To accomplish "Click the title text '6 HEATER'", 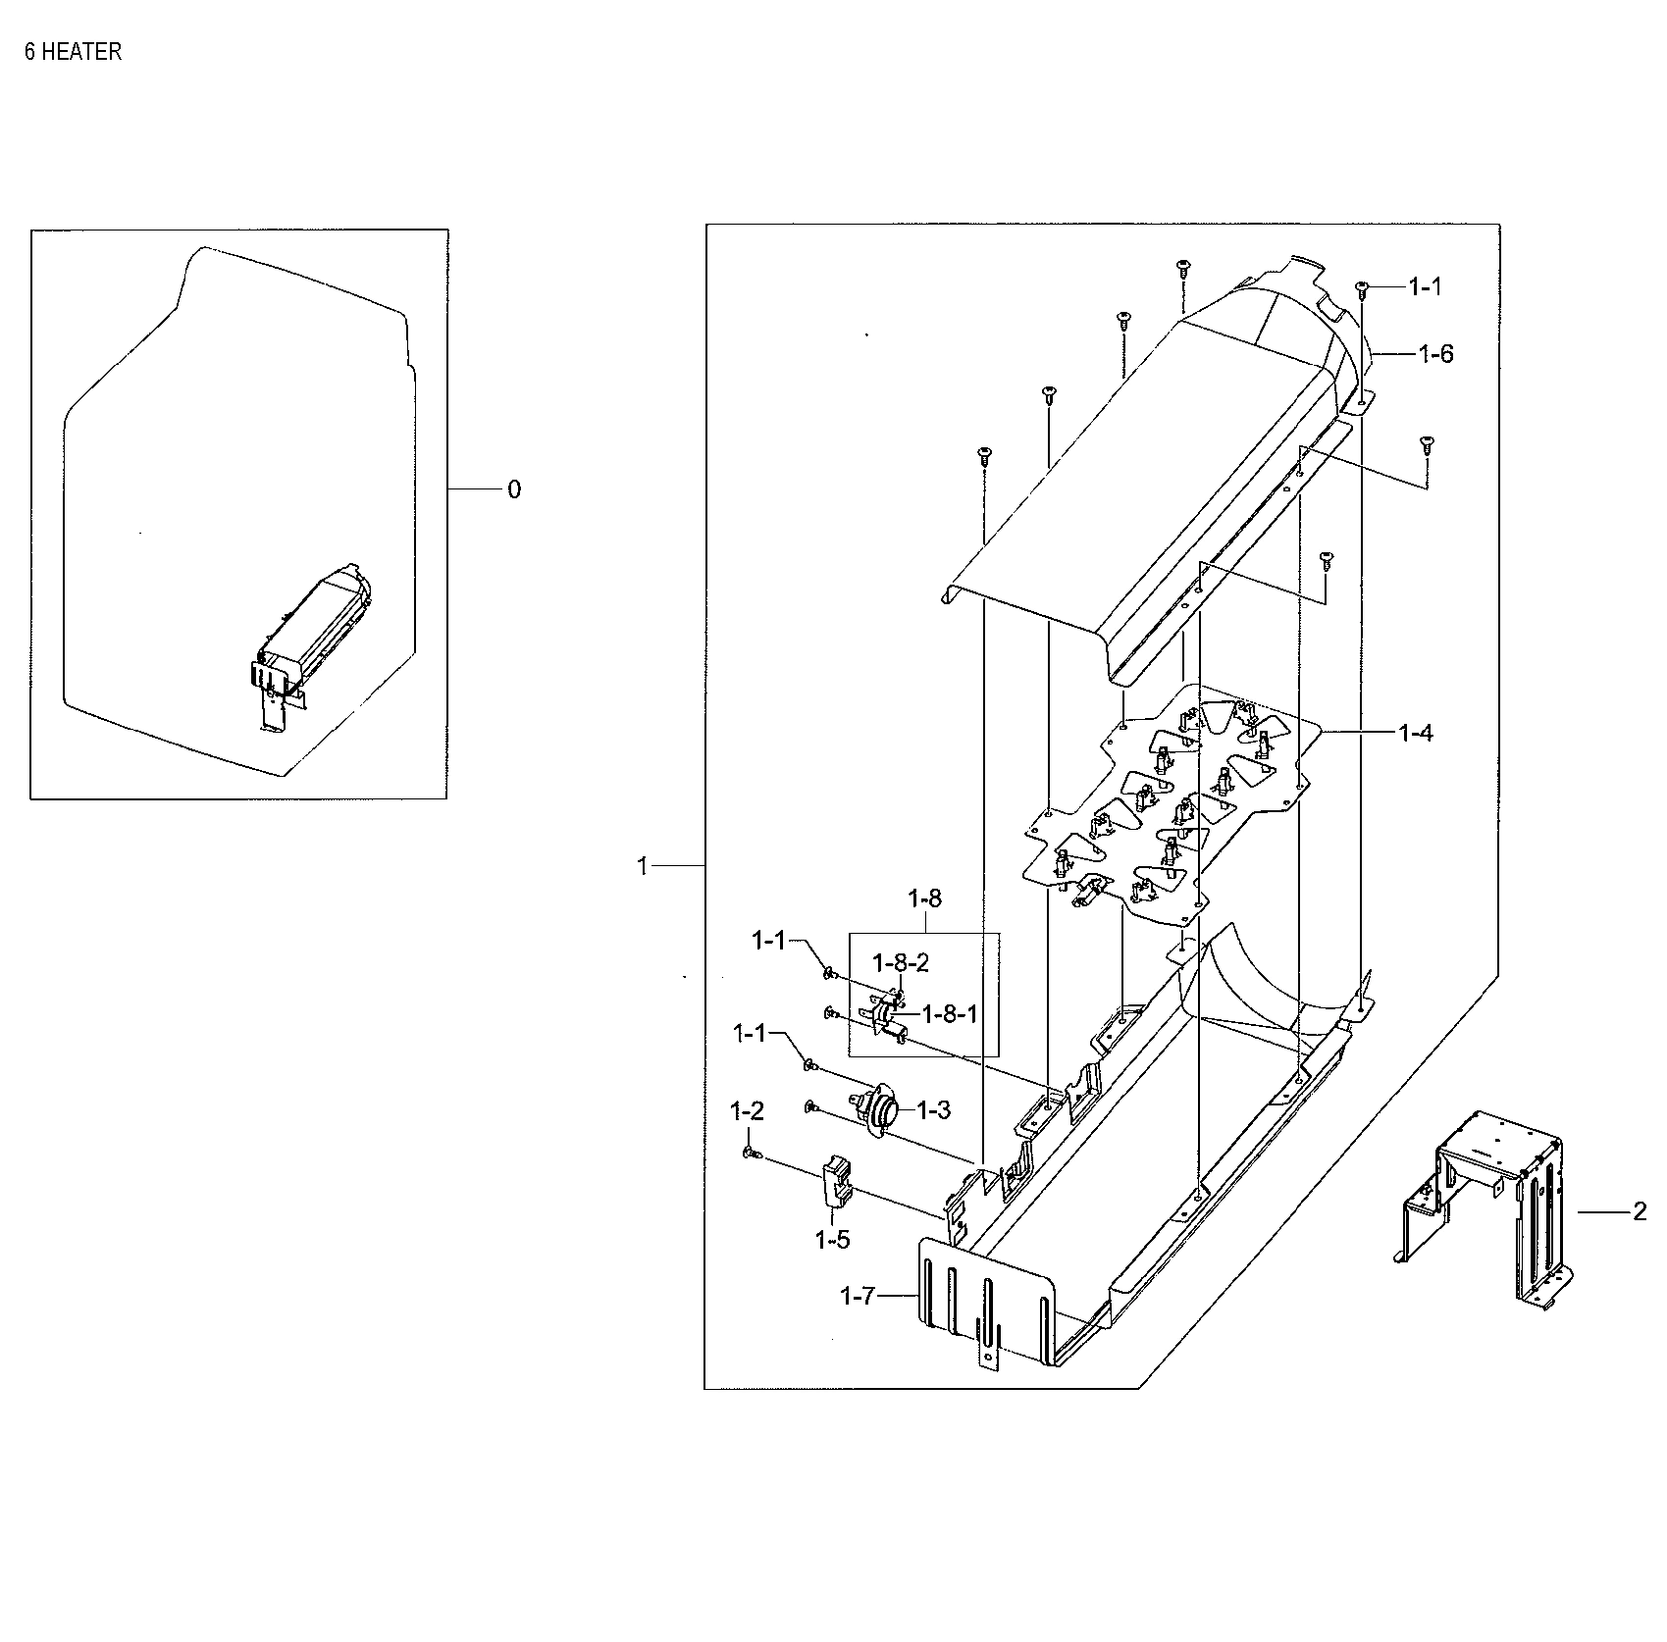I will (x=73, y=52).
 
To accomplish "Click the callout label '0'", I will (x=514, y=489).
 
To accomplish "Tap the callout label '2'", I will (x=1640, y=1212).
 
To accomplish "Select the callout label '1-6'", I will (x=1435, y=354).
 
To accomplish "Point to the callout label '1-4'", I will (x=1415, y=733).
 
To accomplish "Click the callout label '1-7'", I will (x=857, y=1296).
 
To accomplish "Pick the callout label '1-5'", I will (x=832, y=1240).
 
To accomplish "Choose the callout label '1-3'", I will (x=933, y=1109).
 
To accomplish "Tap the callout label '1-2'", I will (x=747, y=1111).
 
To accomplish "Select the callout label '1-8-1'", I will (x=950, y=1014).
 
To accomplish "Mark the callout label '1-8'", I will (x=924, y=898).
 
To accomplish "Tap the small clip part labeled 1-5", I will (x=836, y=1182).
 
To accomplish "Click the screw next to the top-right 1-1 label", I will (x=1362, y=288).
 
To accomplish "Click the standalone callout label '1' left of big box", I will (x=643, y=867).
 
